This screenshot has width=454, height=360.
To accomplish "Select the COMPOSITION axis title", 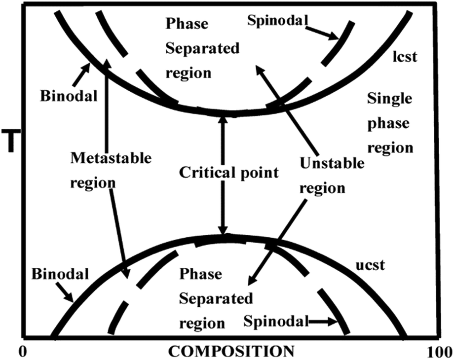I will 231,352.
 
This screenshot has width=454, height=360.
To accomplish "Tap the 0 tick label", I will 21,352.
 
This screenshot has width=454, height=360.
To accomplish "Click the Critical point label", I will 222,173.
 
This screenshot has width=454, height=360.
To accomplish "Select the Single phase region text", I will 390,123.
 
